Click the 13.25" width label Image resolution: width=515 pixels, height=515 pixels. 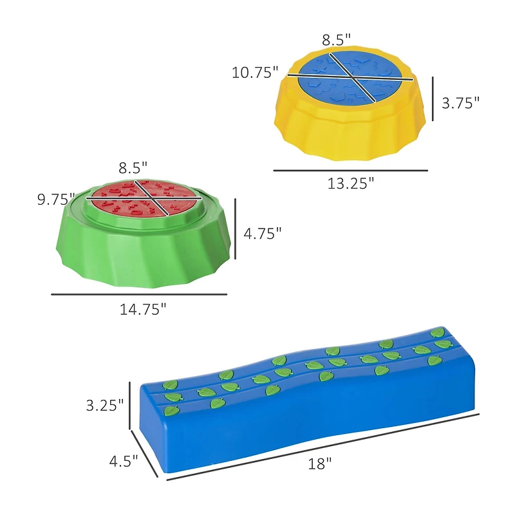pos(351,183)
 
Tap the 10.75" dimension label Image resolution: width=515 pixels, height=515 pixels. pos(255,72)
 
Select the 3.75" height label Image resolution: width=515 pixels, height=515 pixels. pos(460,103)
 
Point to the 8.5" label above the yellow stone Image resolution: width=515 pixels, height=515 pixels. pos(336,40)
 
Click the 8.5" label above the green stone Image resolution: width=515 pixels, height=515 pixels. pos(133,168)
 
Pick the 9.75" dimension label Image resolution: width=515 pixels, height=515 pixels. pos(57,200)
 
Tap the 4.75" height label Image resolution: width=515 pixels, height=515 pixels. pos(263,234)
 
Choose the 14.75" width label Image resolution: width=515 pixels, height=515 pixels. pos(143,310)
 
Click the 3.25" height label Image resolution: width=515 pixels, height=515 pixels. pos(105,406)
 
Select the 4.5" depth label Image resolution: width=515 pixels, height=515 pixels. pos(124,461)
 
